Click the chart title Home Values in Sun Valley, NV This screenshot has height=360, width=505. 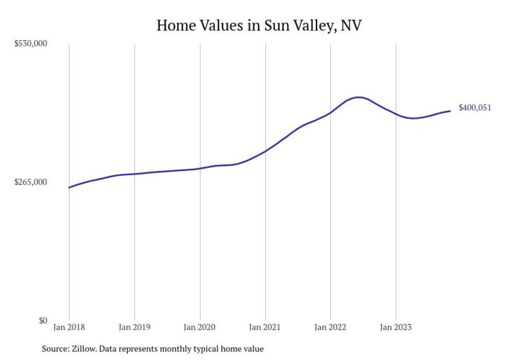tap(259, 25)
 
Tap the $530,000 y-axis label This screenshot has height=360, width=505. tap(30, 43)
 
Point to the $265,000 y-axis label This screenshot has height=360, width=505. tap(30, 182)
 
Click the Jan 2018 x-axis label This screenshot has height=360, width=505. tap(69, 327)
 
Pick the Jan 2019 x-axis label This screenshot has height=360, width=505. tap(134, 327)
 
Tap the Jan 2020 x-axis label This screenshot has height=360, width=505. tap(200, 327)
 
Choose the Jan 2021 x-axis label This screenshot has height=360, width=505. tap(265, 327)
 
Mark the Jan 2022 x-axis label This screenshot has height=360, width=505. tap(330, 327)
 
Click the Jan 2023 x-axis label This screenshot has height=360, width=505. tap(396, 327)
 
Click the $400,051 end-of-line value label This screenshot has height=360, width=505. tap(475, 108)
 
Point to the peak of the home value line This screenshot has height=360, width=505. tap(359, 97)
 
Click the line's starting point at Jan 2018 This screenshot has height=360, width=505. tap(69, 187)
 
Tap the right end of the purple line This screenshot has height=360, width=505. tap(450, 111)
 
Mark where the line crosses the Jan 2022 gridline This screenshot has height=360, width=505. tap(330, 112)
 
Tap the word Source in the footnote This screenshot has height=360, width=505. tap(55, 349)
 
